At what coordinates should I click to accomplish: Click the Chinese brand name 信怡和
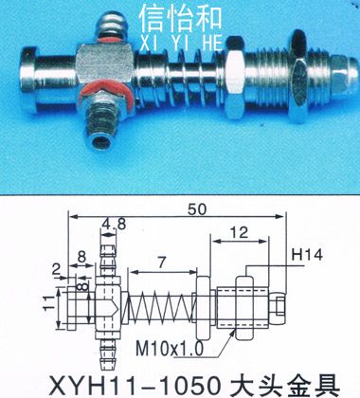pos(181,19)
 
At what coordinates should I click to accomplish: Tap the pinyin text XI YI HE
pos(181,43)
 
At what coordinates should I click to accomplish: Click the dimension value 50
pos(196,209)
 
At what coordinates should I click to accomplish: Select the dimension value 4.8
pos(114,225)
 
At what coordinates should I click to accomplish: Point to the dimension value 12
pos(239,232)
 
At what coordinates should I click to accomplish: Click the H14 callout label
pos(307,255)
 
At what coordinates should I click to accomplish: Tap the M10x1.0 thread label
pos(170,349)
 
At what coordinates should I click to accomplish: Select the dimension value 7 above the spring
pos(162,262)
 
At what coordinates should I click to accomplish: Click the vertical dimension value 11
pos(49,303)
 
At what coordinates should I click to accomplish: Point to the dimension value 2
pos(56,269)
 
